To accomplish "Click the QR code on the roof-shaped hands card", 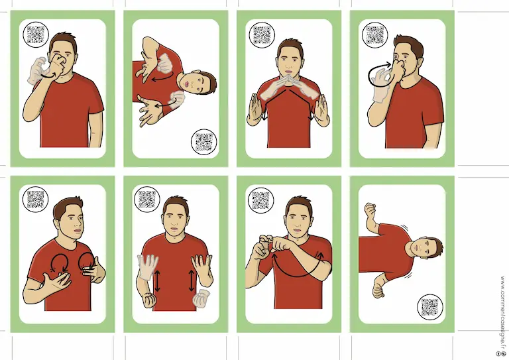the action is pos(262,34).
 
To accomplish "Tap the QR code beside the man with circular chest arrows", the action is pos(35,200).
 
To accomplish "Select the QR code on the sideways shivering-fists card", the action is pos(429,307).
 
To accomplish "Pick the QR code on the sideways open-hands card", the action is pos(204,142).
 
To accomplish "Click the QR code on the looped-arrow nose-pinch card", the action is pos(374,34).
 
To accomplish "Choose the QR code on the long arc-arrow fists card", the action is pos(260,200).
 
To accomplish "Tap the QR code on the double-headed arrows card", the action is pos(147,200).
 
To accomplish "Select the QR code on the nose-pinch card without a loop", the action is pos(36,34).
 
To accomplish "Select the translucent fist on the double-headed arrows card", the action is pos(201,298).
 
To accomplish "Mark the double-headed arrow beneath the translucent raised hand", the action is pos(158,281).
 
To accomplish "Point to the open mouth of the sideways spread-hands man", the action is pos(187,84).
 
